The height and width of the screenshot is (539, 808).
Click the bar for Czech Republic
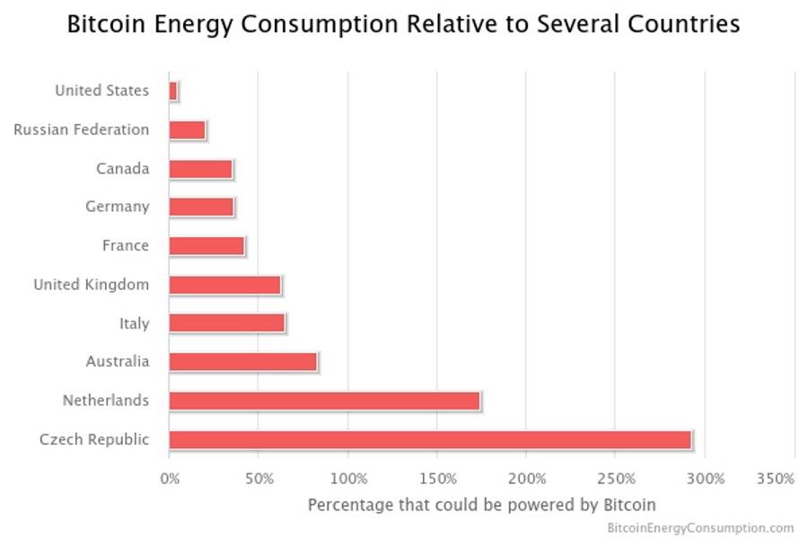point(430,439)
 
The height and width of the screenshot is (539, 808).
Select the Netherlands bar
point(324,401)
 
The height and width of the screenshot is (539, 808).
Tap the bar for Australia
point(242,361)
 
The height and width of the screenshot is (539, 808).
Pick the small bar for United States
point(173,91)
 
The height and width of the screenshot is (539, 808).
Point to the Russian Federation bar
point(187,129)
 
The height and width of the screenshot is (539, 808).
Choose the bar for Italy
point(226,323)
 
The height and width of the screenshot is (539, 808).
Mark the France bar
point(206,245)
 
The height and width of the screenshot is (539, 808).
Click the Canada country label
point(122,168)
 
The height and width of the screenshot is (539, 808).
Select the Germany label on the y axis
point(117,207)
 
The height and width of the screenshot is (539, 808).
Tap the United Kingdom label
point(91,284)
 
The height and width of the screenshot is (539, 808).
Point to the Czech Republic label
point(94,439)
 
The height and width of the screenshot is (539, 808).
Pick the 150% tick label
point(437,479)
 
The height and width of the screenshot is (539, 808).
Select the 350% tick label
point(776,479)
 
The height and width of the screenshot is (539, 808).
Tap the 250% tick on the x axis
point(616,479)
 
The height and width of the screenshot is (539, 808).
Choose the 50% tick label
point(259,479)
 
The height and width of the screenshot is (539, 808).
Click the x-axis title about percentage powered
point(481,504)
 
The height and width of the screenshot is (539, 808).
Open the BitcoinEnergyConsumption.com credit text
point(700,527)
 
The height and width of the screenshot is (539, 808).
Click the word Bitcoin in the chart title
point(100,24)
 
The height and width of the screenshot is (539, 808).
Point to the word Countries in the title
point(684,24)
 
